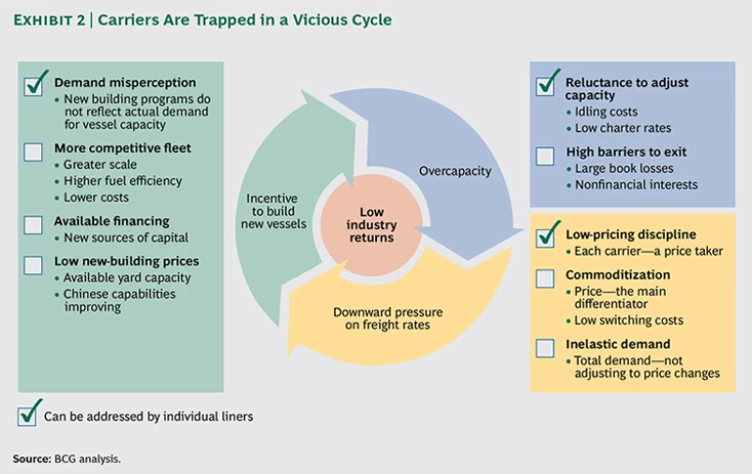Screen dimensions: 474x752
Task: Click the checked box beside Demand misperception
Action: (x=33, y=85)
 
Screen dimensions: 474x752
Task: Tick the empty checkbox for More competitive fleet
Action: (x=33, y=152)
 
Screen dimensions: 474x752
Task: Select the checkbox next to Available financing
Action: (x=33, y=224)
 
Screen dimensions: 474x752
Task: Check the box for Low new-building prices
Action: (x=33, y=264)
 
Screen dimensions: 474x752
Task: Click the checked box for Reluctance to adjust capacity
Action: (x=545, y=86)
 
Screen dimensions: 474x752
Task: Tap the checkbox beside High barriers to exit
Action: (x=545, y=155)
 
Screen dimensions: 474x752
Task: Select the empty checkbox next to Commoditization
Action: (x=545, y=279)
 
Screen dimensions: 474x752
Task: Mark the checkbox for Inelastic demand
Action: (x=545, y=348)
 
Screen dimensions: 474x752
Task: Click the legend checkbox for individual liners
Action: (x=28, y=414)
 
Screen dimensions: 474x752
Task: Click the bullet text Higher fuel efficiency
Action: (x=122, y=180)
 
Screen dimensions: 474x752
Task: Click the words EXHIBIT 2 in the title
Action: (x=49, y=20)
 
